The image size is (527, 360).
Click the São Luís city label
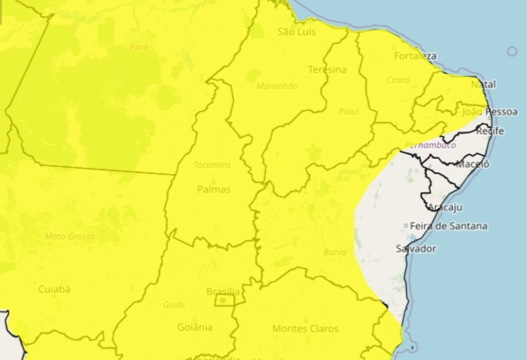(x=297, y=32)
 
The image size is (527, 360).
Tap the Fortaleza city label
(x=415, y=56)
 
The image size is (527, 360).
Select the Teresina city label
(x=327, y=70)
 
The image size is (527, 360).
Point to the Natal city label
(x=483, y=84)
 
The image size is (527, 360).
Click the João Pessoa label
(x=490, y=112)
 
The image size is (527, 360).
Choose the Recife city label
(x=490, y=131)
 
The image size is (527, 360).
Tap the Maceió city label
(x=473, y=165)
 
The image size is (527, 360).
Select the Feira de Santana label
(x=448, y=226)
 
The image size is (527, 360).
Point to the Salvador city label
(x=416, y=249)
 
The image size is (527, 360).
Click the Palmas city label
(x=213, y=190)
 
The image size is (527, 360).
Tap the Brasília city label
(x=223, y=292)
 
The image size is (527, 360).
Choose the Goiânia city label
(x=195, y=327)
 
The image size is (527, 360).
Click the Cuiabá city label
(x=54, y=289)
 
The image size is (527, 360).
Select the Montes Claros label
(x=306, y=328)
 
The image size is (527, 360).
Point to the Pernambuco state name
(x=430, y=145)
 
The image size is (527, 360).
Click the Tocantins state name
(x=212, y=165)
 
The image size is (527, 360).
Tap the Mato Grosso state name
(x=70, y=237)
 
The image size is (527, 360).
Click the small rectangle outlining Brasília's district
(x=224, y=301)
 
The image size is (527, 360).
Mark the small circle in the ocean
(x=512, y=51)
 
